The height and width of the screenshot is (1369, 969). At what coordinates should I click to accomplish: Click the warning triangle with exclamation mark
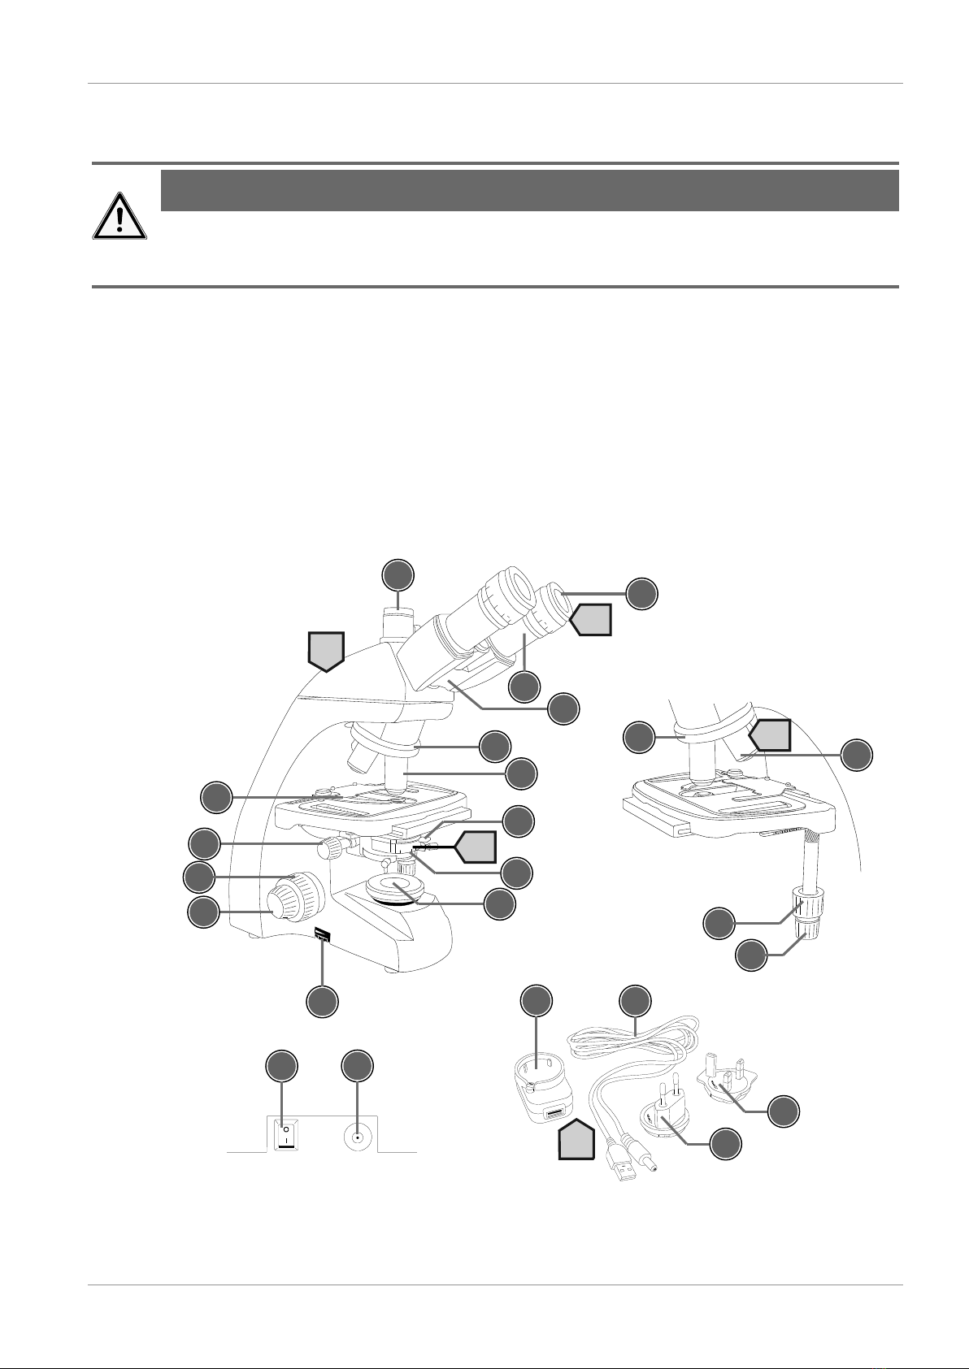119,217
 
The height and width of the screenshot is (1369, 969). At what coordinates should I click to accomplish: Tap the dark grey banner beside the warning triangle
529,191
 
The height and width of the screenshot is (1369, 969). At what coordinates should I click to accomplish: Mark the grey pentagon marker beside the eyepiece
591,621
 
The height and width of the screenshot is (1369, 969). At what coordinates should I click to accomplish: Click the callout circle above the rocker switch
282,1067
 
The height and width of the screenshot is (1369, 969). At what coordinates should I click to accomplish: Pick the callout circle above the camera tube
398,575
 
